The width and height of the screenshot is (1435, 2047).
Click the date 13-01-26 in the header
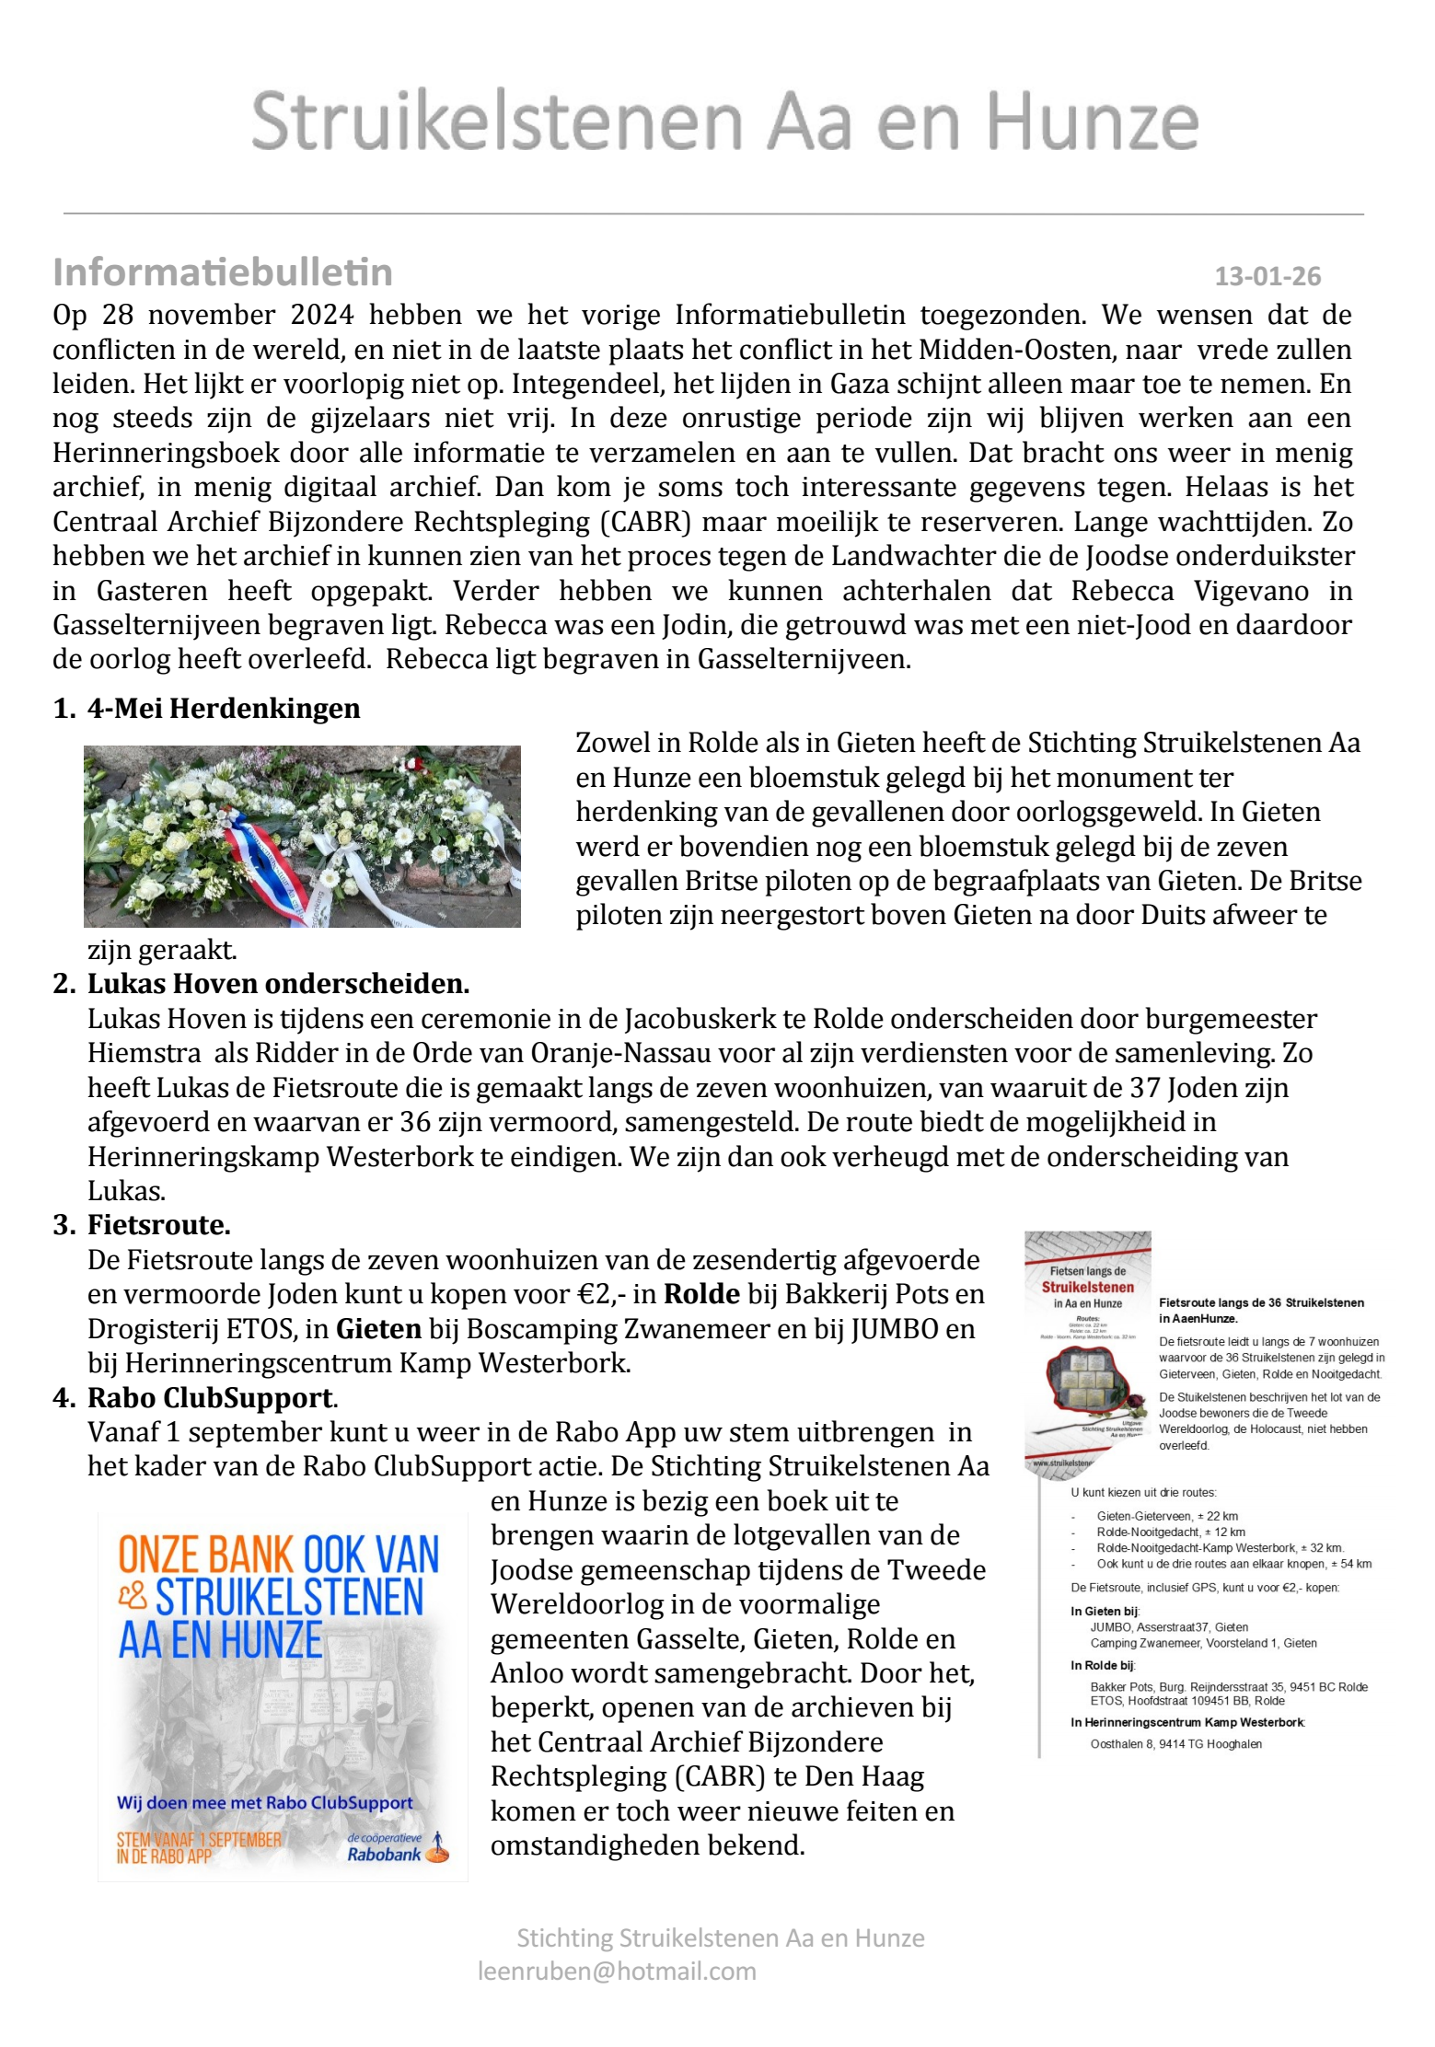(x=1267, y=276)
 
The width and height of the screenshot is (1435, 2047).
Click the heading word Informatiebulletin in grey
(x=223, y=272)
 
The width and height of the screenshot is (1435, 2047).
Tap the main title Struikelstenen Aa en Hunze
(x=724, y=121)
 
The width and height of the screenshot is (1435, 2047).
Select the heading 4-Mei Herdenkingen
(x=223, y=708)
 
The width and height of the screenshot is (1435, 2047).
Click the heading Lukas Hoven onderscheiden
(x=278, y=984)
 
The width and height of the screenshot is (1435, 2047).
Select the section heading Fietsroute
(x=158, y=1225)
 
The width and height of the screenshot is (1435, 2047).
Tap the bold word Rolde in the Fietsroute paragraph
(x=701, y=1294)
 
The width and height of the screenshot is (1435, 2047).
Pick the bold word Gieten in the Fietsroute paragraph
(x=378, y=1329)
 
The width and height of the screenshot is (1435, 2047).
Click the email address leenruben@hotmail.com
(x=617, y=1971)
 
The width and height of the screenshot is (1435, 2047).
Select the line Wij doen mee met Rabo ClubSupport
(x=264, y=1802)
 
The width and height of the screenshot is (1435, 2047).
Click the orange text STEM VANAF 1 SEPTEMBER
(x=199, y=1839)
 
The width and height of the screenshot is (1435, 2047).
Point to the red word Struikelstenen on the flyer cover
(x=1087, y=1287)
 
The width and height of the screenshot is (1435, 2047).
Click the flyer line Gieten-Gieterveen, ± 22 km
(x=1166, y=1516)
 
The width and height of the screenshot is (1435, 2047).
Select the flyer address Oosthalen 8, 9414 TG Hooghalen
(x=1175, y=1744)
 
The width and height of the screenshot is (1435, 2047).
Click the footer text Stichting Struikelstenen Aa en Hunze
(x=720, y=1937)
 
